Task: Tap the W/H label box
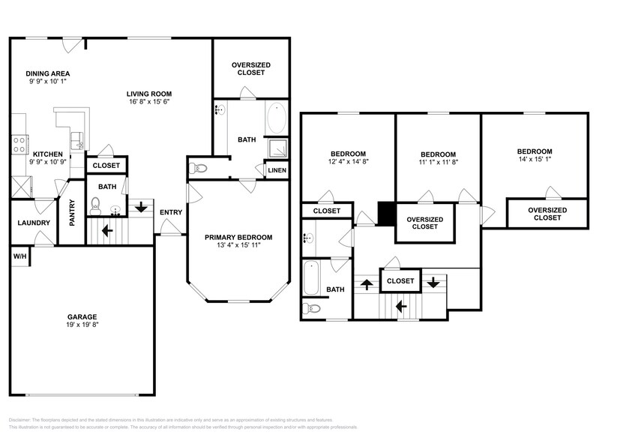(19, 256)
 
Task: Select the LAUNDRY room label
(34, 223)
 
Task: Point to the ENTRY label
(171, 212)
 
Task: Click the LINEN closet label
(277, 171)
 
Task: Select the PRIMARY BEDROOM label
(238, 237)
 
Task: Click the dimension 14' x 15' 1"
(535, 159)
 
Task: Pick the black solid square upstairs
(386, 214)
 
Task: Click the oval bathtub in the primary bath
(277, 118)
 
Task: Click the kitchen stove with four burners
(19, 143)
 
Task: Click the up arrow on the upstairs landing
(367, 284)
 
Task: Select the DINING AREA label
(48, 73)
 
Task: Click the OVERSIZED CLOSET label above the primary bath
(250, 69)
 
